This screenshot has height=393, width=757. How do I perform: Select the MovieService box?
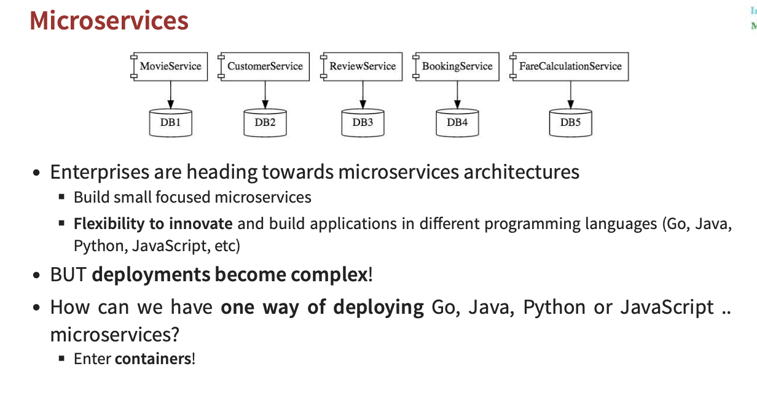(x=170, y=66)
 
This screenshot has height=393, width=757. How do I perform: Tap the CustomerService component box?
(x=264, y=66)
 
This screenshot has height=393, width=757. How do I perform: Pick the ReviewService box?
(x=362, y=66)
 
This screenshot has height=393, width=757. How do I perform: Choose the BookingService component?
(x=457, y=66)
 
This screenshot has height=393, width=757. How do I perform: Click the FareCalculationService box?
(x=570, y=66)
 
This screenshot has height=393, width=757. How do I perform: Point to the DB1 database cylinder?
(x=171, y=122)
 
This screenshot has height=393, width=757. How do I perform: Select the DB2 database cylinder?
(x=265, y=122)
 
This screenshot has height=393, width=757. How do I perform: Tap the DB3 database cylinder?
(x=363, y=122)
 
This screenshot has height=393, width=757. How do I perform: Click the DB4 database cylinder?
(x=457, y=122)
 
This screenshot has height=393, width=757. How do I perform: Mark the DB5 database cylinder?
(x=570, y=122)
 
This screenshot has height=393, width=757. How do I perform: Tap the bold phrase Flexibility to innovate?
(x=153, y=224)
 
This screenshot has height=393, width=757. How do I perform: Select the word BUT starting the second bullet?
(x=68, y=274)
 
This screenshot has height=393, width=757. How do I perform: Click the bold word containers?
(x=153, y=358)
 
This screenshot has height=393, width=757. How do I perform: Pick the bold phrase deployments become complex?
(x=229, y=274)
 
